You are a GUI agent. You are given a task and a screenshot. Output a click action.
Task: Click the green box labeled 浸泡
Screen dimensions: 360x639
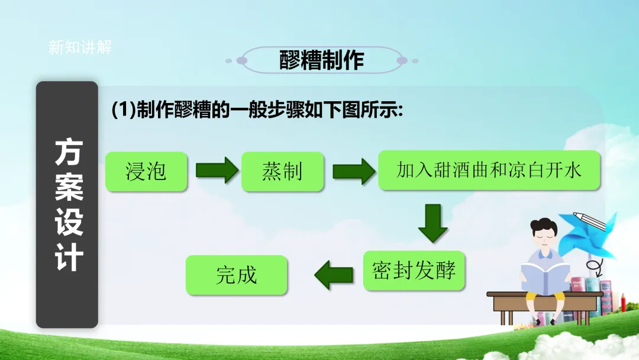click(146, 172)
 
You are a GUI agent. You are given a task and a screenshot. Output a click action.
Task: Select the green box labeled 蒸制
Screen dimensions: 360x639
click(282, 172)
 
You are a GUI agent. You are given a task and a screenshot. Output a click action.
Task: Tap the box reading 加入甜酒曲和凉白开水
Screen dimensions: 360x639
click(489, 171)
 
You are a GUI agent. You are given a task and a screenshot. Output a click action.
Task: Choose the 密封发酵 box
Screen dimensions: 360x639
click(414, 271)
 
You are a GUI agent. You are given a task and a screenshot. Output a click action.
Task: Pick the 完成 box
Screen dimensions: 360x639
click(236, 275)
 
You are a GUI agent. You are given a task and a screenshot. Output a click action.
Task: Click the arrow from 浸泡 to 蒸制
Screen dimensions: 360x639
click(216, 171)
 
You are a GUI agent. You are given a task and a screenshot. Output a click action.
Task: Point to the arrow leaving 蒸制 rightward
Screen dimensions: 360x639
click(353, 171)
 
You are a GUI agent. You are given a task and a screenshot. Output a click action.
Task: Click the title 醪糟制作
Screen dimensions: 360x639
click(321, 60)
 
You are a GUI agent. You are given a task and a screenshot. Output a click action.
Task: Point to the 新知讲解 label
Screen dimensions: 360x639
click(80, 48)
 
